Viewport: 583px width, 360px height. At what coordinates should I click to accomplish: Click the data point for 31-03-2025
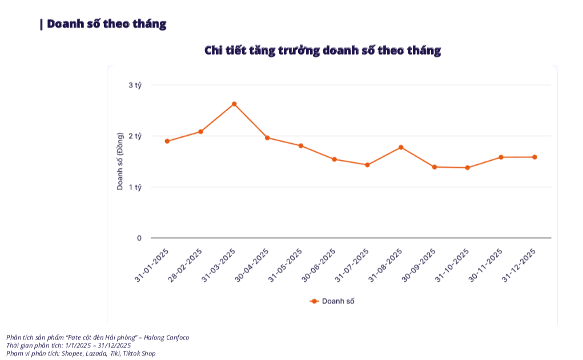pyautogui.click(x=234, y=104)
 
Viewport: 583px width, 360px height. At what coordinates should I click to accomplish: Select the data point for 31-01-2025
pyautogui.click(x=167, y=141)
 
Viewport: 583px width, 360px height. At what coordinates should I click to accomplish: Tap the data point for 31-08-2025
pyautogui.click(x=401, y=147)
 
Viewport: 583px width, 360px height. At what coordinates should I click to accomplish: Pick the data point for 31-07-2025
pyautogui.click(x=368, y=165)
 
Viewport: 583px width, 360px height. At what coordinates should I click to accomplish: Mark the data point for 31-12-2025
pyautogui.click(x=534, y=157)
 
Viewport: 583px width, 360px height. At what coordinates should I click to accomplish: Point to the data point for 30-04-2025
pyautogui.click(x=267, y=137)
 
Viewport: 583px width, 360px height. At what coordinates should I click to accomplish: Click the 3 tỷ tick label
pyautogui.click(x=135, y=85)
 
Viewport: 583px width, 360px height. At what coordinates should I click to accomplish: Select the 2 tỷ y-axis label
pyautogui.click(x=135, y=136)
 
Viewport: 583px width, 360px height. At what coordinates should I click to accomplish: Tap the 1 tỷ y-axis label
pyautogui.click(x=135, y=187)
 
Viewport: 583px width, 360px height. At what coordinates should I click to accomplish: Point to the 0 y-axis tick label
pyautogui.click(x=139, y=238)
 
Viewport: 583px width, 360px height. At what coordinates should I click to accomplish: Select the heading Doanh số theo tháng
pyautogui.click(x=106, y=24)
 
